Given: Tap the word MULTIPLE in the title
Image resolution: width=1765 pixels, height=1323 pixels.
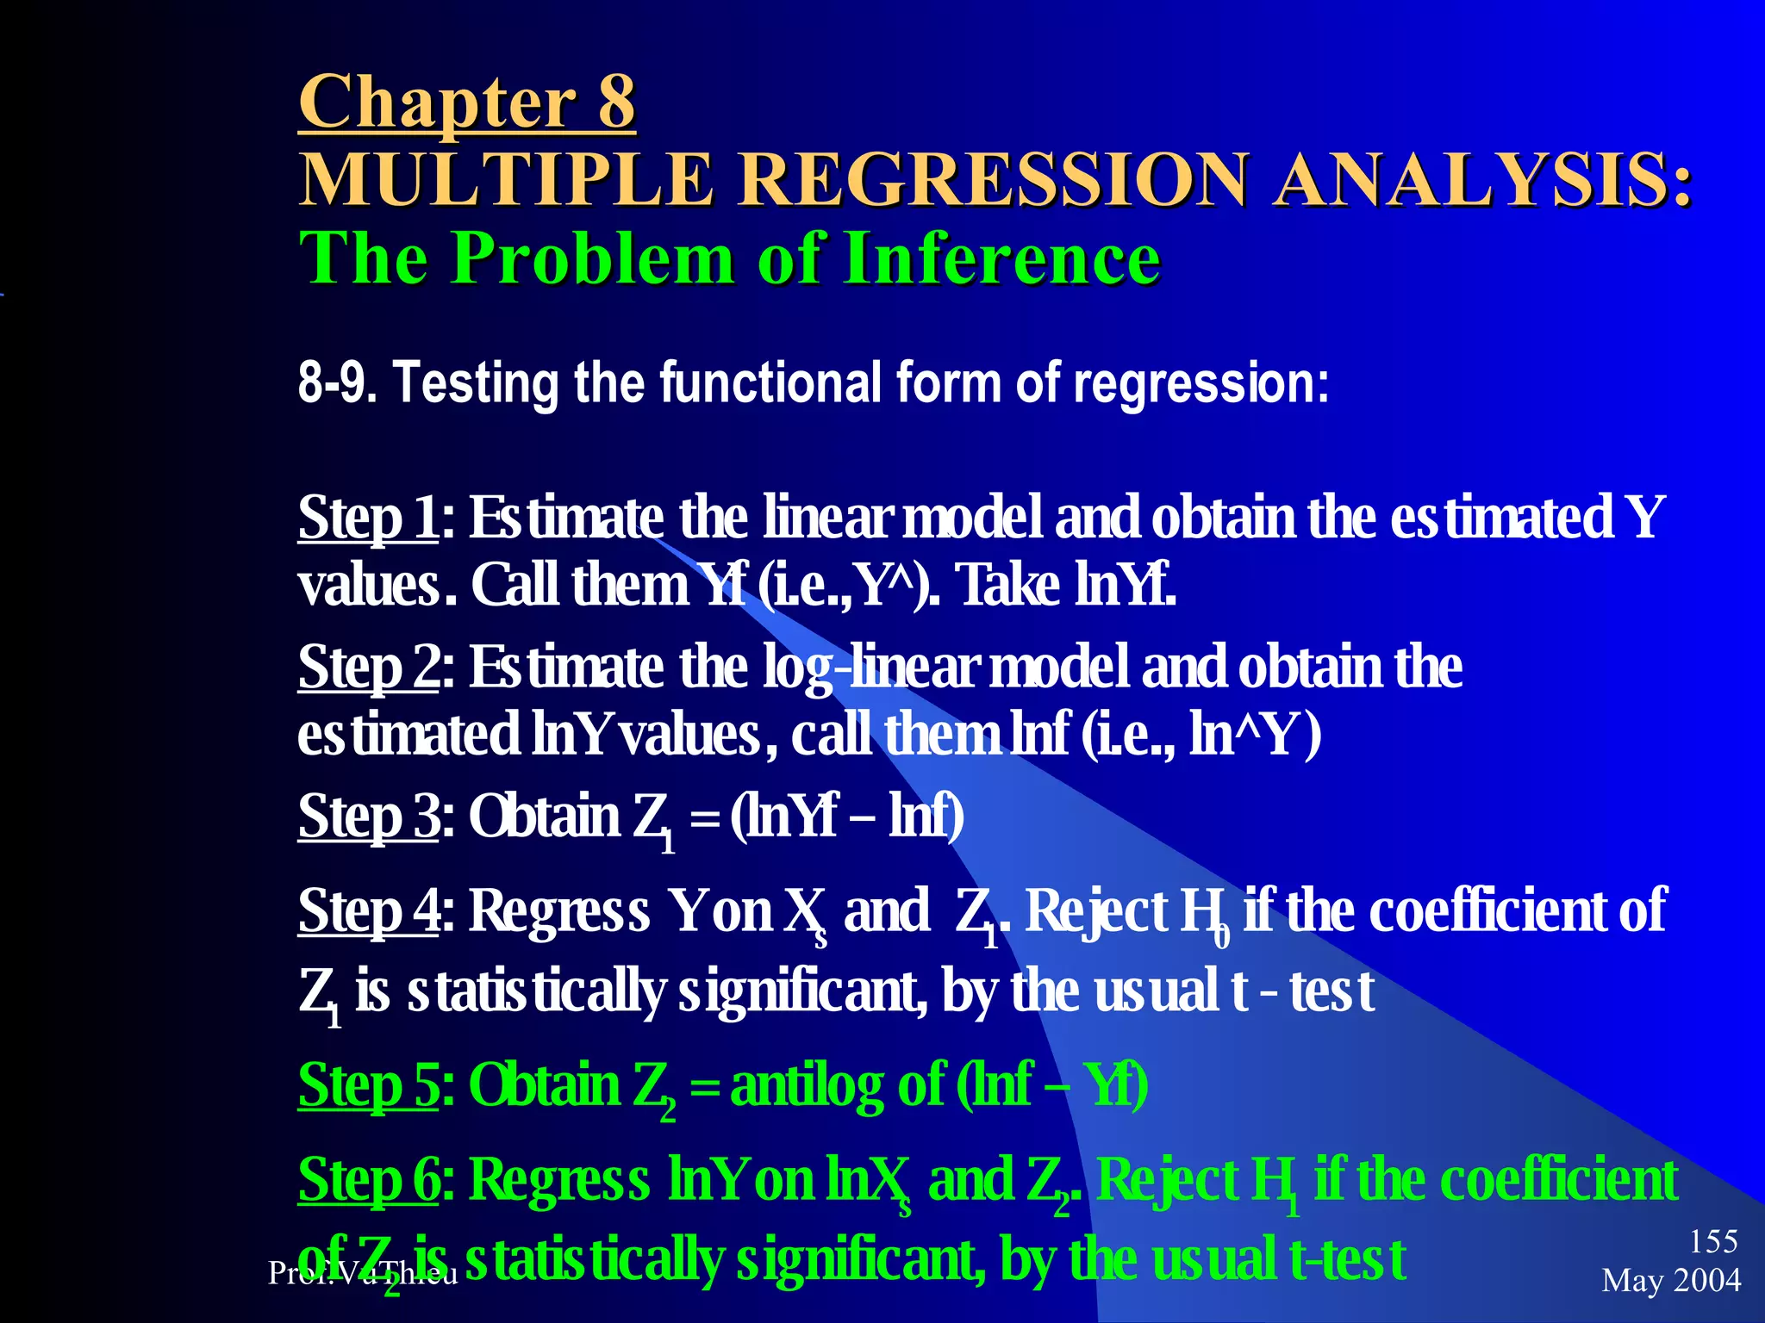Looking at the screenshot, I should point(507,179).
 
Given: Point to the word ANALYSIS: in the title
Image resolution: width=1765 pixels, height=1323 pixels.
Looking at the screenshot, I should point(1482,179).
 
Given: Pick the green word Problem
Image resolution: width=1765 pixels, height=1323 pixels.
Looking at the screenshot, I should point(596,258).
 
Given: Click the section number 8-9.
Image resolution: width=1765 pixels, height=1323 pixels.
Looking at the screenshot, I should point(337,382).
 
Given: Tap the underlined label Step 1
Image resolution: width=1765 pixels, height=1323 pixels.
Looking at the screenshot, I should point(368,518).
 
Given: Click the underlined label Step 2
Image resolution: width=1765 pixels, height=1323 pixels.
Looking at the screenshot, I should point(368,667).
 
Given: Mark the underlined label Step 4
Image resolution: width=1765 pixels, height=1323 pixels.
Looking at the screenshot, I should point(368,910).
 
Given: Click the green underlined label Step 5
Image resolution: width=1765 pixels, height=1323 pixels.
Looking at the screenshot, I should point(368,1084).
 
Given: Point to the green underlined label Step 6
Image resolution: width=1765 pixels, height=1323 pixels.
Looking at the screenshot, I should point(368,1179).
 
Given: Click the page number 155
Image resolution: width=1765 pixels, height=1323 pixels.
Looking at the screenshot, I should point(1713,1241).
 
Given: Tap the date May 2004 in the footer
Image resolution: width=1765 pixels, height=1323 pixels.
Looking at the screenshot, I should point(1670,1280).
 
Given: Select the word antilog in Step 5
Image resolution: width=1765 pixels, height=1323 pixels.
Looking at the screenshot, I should point(807,1084).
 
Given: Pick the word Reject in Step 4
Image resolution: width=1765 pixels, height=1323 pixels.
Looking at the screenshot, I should point(1095,910).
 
